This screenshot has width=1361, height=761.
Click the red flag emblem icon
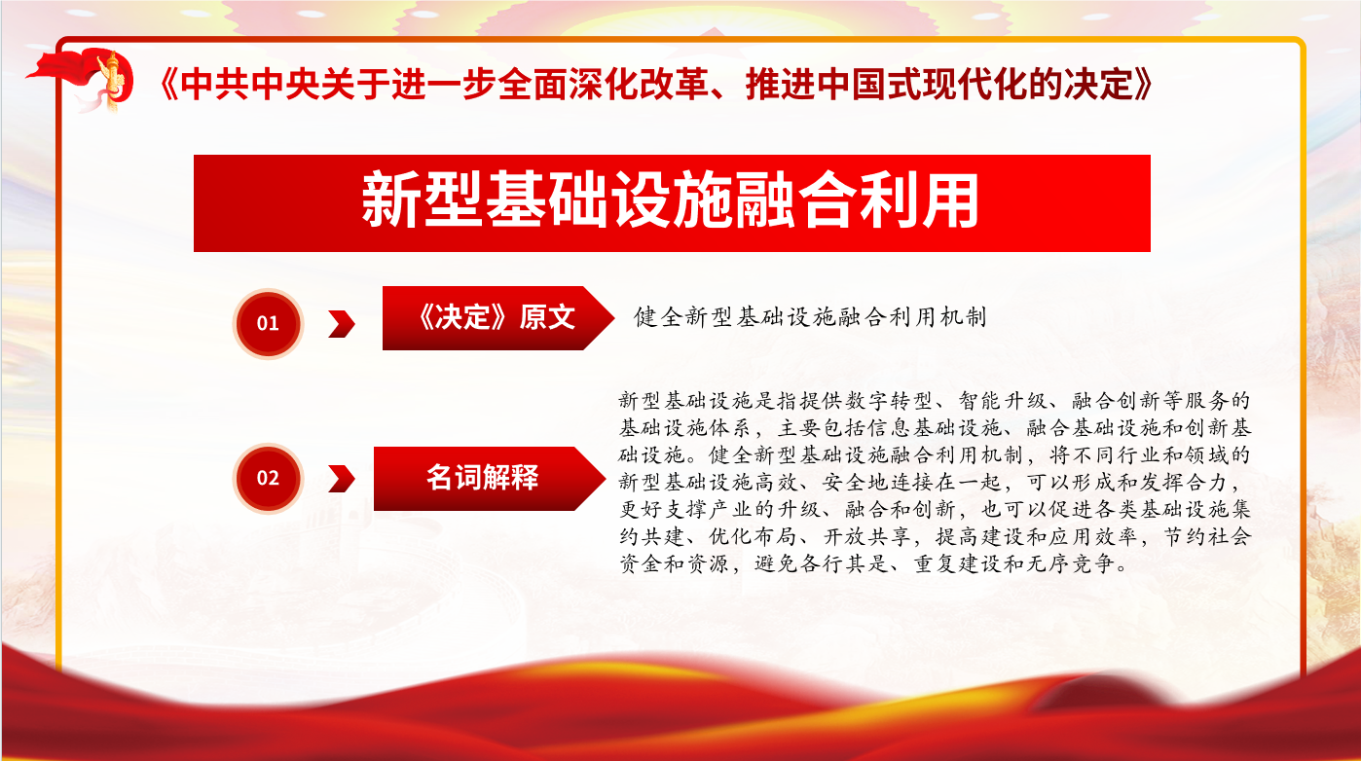pyautogui.click(x=82, y=80)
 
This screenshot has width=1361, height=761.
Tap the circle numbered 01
pyautogui.click(x=268, y=323)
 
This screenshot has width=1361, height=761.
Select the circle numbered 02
pyautogui.click(x=268, y=478)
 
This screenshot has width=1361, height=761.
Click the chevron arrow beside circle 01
pyautogui.click(x=342, y=323)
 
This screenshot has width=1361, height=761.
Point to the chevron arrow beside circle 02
pyautogui.click(x=342, y=479)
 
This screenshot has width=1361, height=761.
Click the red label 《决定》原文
pyautogui.click(x=498, y=317)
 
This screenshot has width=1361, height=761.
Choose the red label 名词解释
pyautogui.click(x=489, y=479)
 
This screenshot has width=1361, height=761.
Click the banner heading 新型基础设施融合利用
pyautogui.click(x=670, y=199)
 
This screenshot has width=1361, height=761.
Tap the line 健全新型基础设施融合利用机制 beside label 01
pyautogui.click(x=810, y=317)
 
